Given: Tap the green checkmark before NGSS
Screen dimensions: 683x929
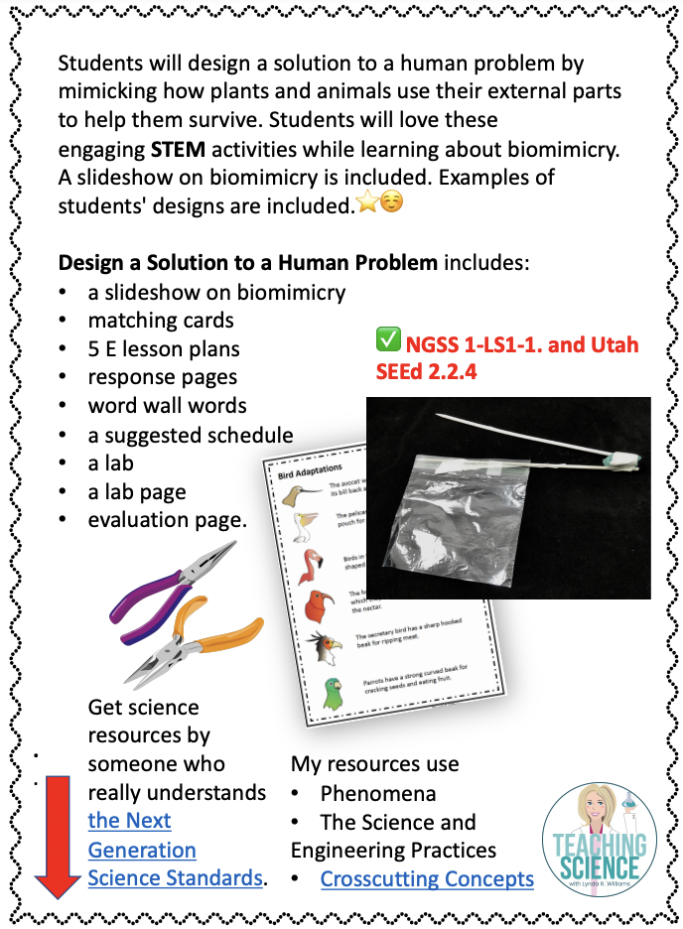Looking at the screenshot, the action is point(387,341).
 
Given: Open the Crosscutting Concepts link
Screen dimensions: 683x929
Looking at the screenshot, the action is point(427,878).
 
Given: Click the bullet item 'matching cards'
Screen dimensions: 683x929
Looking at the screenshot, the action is point(161,321).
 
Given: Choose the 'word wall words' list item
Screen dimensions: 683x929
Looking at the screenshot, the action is point(167,406).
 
